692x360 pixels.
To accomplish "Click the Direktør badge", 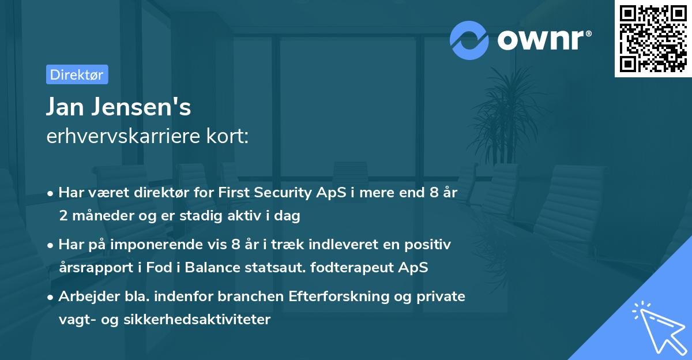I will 77,74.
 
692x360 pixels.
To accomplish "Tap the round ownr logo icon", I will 469,40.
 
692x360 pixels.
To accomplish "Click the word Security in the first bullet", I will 281,193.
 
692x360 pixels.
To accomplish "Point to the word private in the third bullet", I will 445,297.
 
